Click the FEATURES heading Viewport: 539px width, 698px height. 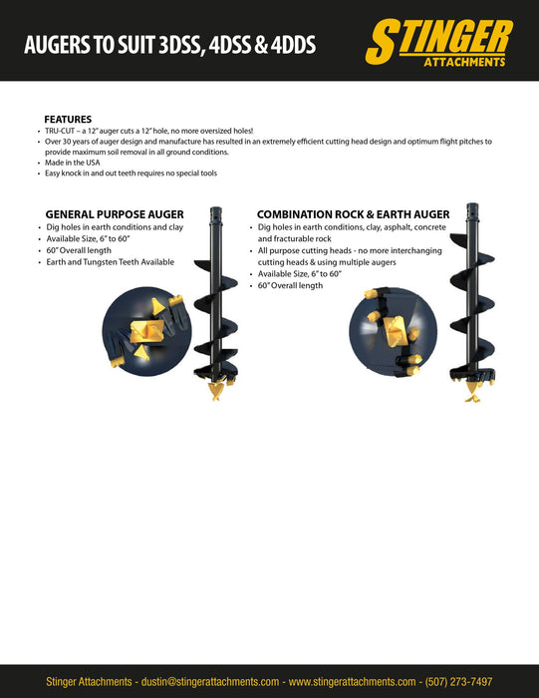pyautogui.click(x=68, y=119)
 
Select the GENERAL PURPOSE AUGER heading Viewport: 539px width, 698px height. pyautogui.click(x=115, y=214)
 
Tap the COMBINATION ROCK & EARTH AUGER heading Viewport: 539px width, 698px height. pyautogui.click(x=353, y=214)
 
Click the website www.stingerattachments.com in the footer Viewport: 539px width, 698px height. pyautogui.click(x=352, y=681)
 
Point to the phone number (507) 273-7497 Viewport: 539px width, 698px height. pyautogui.click(x=458, y=681)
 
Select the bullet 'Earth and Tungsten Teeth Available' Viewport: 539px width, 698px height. pyautogui.click(x=111, y=262)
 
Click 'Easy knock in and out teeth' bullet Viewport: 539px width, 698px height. pyautogui.click(x=130, y=174)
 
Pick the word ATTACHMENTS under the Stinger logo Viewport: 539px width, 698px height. pyautogui.click(x=464, y=62)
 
